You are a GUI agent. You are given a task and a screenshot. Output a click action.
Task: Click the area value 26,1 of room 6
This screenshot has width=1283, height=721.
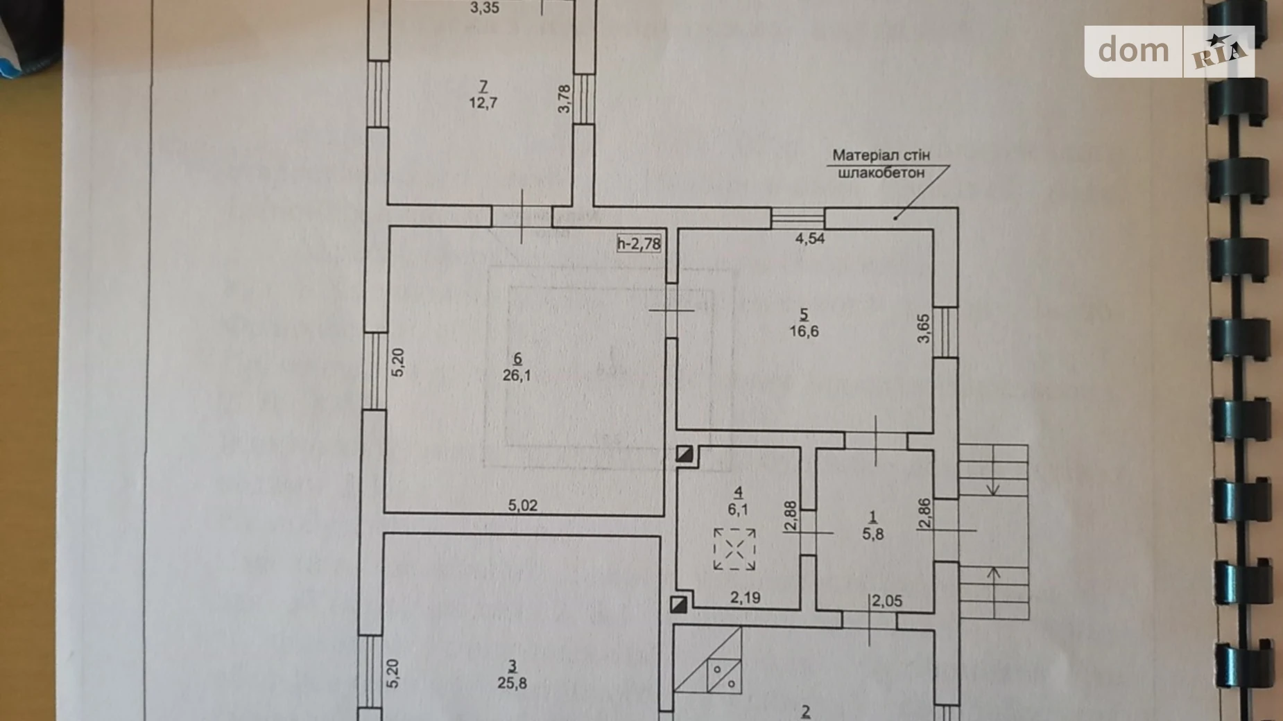point(517,376)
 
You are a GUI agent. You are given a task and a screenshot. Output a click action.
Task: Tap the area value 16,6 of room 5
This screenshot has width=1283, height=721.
point(804,331)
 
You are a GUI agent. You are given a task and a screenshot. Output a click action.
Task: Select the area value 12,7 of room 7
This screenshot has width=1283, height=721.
point(483,103)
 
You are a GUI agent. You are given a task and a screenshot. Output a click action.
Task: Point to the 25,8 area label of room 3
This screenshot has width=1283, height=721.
point(513,683)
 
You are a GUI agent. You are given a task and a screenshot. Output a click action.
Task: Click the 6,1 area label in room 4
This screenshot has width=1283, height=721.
point(738,509)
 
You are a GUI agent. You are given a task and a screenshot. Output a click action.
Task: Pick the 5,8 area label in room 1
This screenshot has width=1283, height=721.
point(872,534)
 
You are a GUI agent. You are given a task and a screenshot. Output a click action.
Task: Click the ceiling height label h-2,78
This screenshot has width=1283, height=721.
point(639,243)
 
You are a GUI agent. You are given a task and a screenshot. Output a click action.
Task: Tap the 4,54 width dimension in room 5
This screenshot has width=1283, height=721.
point(809,238)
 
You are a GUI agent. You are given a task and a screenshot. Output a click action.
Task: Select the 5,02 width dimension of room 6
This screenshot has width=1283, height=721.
point(522,505)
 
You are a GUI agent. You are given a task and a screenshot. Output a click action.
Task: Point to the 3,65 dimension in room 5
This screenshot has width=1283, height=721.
point(923,328)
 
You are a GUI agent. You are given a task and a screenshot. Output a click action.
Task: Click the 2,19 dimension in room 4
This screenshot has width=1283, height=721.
point(745,598)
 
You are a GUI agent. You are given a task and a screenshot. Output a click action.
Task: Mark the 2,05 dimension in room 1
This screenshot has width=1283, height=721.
point(888,601)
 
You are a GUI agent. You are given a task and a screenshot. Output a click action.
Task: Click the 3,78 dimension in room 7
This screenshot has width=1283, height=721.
point(565,98)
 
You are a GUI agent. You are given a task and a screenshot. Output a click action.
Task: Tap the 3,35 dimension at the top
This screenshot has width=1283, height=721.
point(484,8)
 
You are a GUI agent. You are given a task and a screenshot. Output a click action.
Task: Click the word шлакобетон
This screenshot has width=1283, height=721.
point(881,173)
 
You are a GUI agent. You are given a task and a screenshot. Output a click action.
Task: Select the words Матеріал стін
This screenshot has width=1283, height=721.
point(881,155)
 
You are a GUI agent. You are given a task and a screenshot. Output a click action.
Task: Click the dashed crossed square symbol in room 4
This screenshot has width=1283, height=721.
point(734,549)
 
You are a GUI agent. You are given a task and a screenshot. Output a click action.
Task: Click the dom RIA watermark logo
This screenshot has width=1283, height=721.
point(1169,51)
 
